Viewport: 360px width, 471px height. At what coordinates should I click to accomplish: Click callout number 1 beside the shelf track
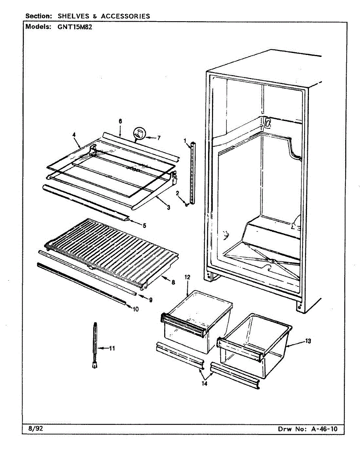[184, 140]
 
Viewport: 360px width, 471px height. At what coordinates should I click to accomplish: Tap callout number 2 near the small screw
[177, 193]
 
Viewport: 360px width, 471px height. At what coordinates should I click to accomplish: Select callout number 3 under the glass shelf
[168, 207]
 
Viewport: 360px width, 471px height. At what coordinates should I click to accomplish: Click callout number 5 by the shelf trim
[144, 226]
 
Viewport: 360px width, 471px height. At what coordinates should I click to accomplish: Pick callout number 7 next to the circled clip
[159, 138]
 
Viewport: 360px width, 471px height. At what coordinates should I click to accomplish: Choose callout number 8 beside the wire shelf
[173, 281]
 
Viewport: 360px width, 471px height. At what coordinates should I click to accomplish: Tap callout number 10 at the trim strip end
[135, 309]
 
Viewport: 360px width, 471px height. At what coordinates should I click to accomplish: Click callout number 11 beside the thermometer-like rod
[112, 348]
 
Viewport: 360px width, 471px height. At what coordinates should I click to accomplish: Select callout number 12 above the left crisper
[187, 277]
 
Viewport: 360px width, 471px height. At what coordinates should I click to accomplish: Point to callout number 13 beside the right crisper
[308, 341]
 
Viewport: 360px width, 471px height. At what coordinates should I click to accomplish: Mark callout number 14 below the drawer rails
[204, 383]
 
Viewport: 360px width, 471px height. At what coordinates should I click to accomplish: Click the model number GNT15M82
[75, 27]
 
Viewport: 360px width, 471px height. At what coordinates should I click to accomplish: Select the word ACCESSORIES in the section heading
[125, 16]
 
